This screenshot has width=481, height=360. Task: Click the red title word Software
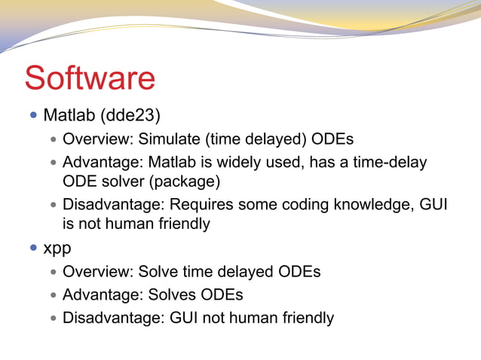(x=90, y=79)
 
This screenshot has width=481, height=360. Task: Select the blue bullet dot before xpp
(x=33, y=248)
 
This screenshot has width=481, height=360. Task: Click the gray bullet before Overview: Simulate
(x=53, y=140)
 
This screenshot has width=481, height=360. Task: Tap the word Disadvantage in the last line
(x=110, y=318)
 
